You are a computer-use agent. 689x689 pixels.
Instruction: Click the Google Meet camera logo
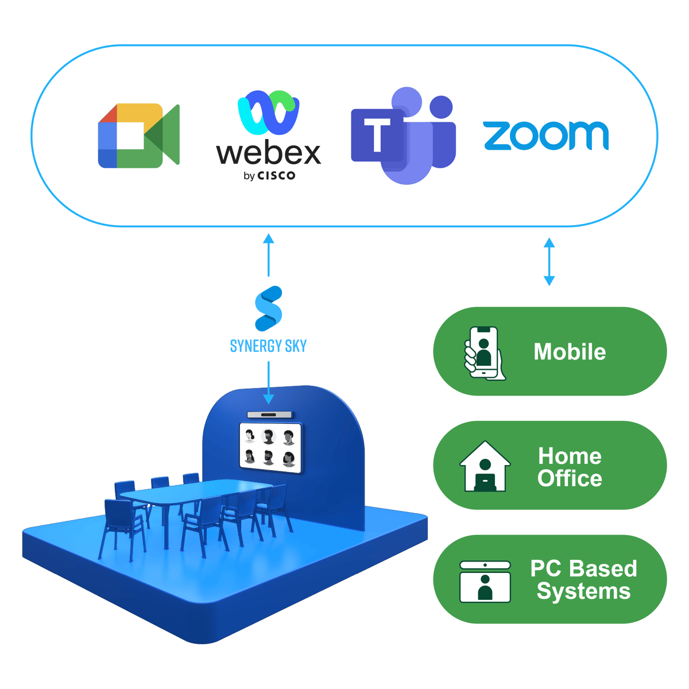pos(138,136)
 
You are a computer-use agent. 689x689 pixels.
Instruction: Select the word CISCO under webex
pos(276,176)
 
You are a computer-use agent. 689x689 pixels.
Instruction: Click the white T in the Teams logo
pos(377,136)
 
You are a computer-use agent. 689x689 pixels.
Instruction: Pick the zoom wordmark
pos(545,136)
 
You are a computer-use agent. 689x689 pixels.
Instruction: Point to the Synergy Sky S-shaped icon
pos(268,309)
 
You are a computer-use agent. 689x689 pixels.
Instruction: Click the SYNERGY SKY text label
pos(268,346)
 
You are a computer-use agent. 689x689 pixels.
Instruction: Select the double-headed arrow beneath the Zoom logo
pos(549,262)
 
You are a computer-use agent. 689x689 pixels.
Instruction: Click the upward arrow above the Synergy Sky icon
pos(268,254)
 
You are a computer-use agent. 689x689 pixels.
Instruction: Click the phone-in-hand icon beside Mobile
pos(484,353)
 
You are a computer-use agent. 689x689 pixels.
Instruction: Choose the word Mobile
pos(570,352)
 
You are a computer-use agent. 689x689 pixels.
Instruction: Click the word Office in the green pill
pos(570,478)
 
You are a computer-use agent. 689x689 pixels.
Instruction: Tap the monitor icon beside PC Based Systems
pos(485,582)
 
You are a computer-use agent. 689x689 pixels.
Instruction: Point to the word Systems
pos(583,591)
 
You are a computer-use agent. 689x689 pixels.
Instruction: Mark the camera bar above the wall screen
pos(270,415)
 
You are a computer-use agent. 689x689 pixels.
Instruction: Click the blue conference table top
pos(195,492)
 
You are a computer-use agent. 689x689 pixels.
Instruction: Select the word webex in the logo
pos(268,153)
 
